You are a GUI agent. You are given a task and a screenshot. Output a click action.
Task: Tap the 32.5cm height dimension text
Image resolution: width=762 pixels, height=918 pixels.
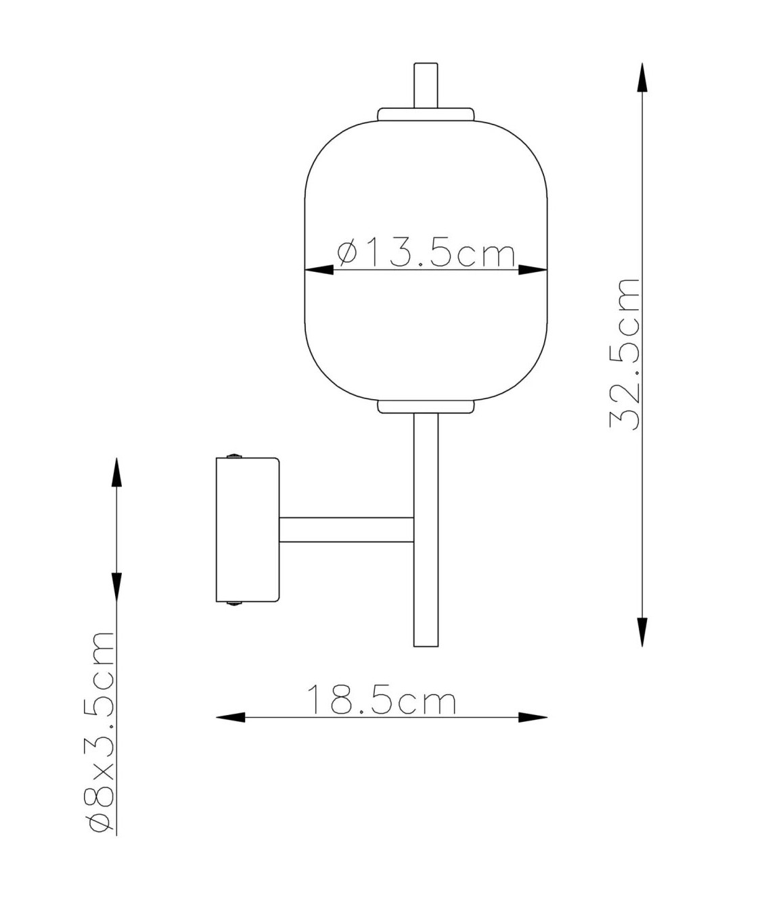pos(625,354)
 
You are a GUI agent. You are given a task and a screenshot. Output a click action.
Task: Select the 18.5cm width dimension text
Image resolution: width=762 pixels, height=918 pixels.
pos(381,699)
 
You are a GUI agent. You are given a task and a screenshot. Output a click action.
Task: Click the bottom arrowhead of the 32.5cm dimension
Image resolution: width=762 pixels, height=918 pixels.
pos(642,632)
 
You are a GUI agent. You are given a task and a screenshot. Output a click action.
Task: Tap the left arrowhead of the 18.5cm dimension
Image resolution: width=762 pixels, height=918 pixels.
pos(230,717)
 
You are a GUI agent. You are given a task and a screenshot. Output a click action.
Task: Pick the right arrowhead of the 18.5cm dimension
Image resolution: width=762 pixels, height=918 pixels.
pos(533,717)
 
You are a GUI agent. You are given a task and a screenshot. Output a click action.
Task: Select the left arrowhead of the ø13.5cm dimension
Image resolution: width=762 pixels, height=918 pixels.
pos(319,270)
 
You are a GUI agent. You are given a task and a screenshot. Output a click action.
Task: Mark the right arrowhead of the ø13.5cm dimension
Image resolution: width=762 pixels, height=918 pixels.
pos(533,270)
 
